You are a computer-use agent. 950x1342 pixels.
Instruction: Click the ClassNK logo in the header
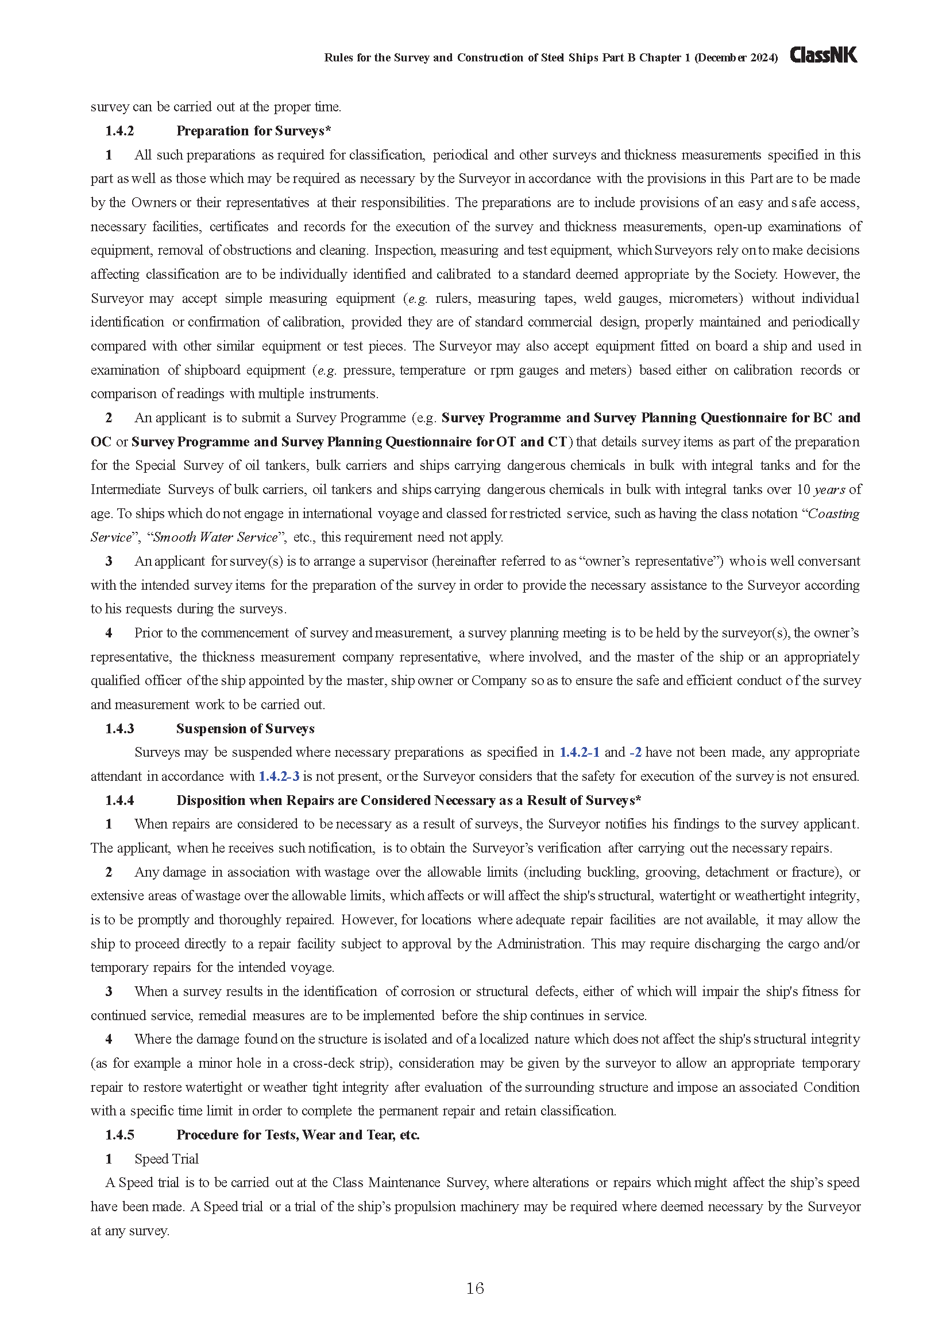tap(823, 56)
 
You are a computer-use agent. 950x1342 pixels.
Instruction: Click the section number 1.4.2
tap(119, 131)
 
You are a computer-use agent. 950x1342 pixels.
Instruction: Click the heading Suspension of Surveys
tap(245, 729)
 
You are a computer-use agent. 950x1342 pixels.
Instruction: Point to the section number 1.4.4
tap(119, 800)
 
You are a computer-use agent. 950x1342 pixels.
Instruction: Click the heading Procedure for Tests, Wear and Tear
tap(298, 1134)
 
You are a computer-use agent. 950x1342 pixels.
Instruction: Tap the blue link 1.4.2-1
tap(579, 752)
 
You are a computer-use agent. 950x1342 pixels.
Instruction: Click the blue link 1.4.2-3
tap(279, 776)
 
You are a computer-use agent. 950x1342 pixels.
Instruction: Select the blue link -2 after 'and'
tap(635, 752)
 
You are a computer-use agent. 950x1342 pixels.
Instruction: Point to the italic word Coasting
tap(833, 514)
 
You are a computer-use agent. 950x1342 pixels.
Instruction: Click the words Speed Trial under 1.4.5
tap(167, 1158)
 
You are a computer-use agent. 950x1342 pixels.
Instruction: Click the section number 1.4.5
tap(119, 1134)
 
